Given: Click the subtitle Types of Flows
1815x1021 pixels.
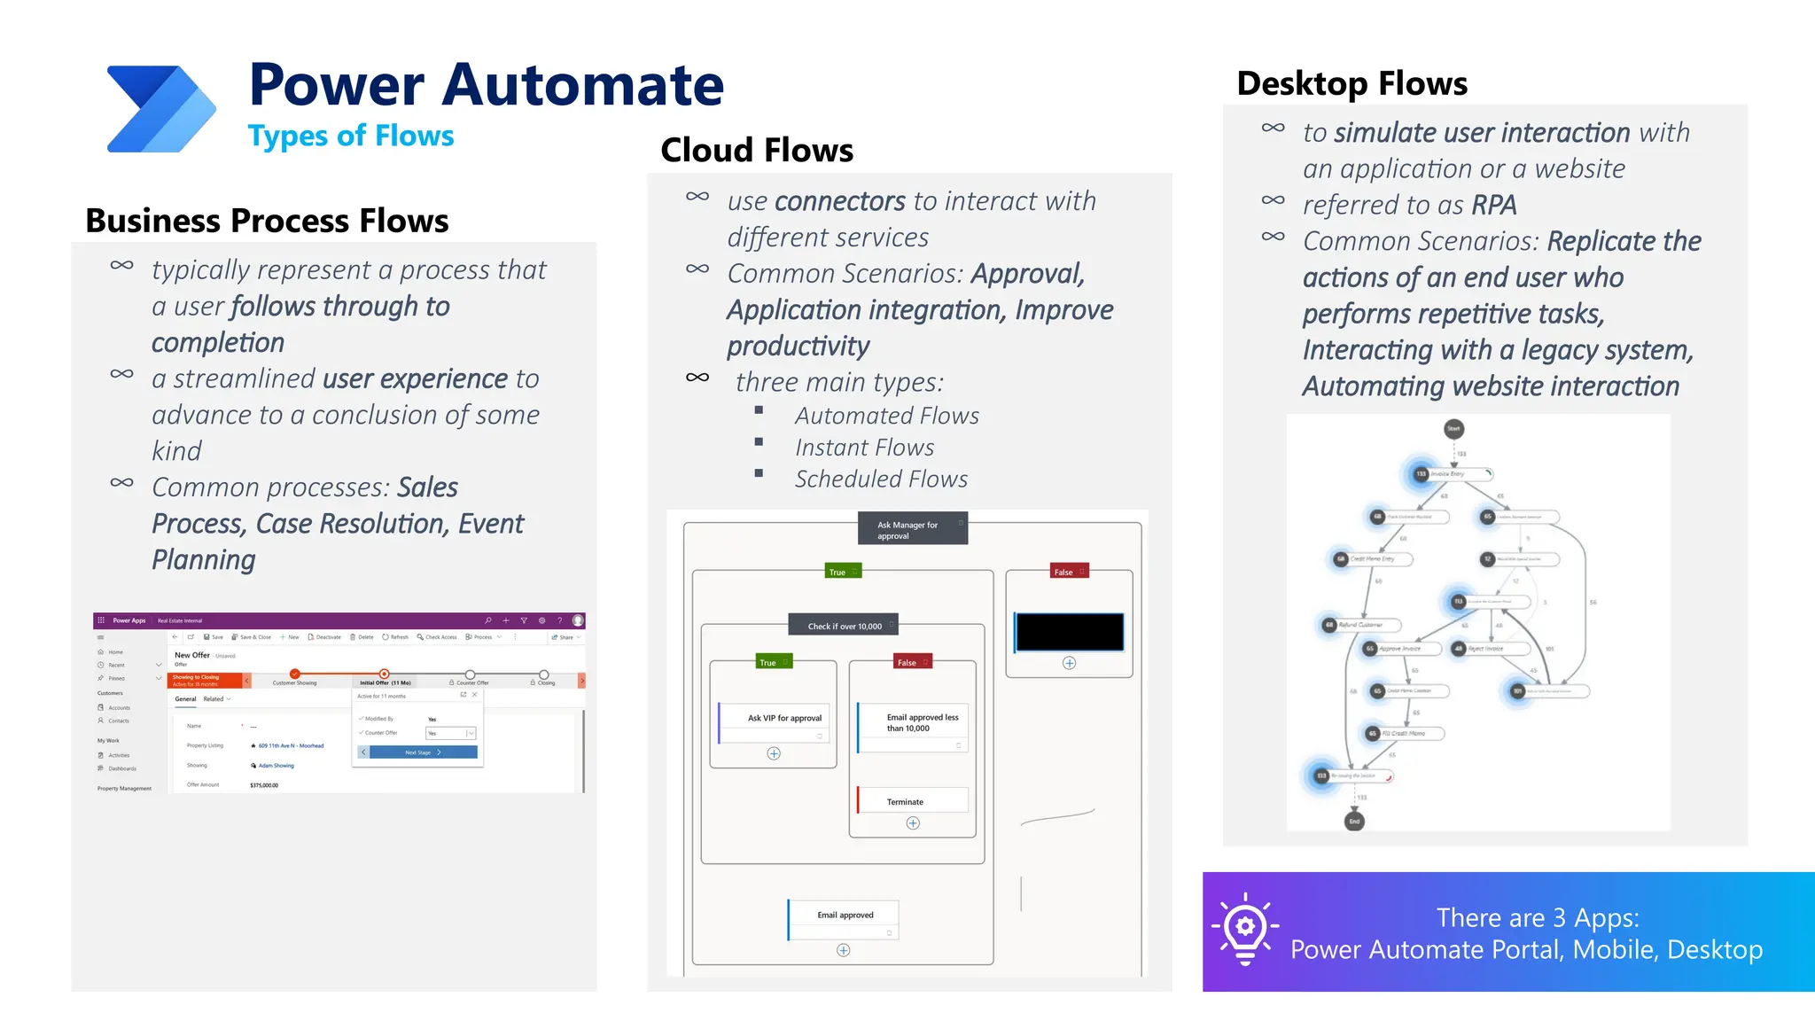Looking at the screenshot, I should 351,136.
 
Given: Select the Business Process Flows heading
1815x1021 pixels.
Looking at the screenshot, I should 267,220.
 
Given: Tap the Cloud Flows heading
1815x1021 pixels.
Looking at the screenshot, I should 757,150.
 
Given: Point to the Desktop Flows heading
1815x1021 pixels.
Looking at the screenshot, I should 1352,83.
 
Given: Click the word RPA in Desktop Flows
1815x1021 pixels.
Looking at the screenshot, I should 1494,205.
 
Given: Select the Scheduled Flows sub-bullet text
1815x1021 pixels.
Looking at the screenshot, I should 881,479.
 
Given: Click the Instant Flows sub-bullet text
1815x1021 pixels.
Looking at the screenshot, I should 864,448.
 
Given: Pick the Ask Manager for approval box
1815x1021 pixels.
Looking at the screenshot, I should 912,529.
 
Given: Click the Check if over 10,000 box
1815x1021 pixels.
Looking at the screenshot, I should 844,626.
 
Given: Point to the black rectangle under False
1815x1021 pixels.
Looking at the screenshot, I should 1070,632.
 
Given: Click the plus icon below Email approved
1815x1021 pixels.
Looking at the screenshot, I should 844,950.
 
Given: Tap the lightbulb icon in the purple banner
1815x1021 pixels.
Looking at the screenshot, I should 1245,928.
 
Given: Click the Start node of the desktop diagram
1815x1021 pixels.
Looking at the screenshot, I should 1453,429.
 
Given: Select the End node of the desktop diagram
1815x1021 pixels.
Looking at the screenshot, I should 1354,821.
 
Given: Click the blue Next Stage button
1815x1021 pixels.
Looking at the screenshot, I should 423,752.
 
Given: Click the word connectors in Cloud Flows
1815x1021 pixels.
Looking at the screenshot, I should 839,202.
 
